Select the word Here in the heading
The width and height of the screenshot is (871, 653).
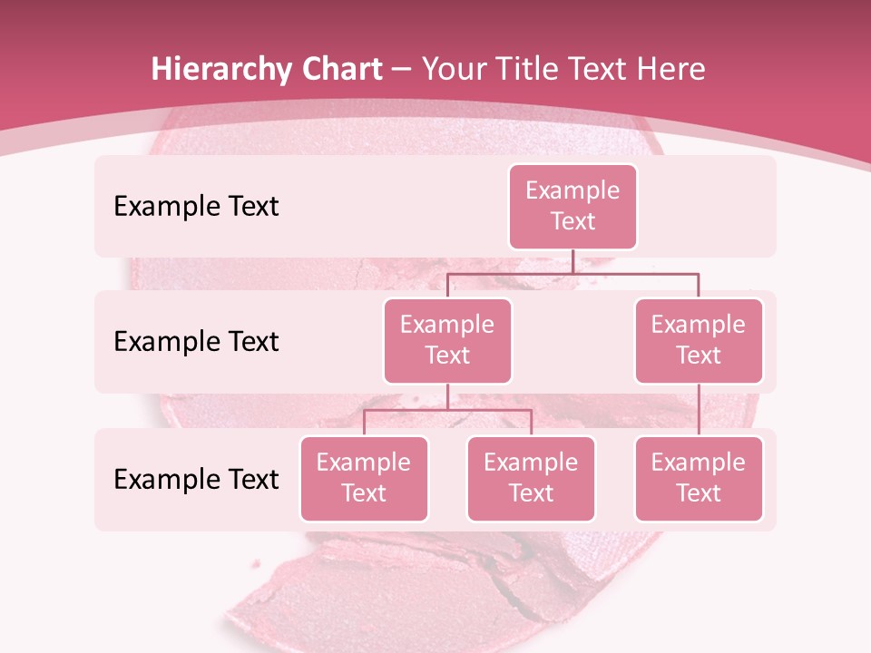672,70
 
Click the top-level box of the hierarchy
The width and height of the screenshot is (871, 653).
573,206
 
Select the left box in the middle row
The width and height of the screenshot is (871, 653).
447,340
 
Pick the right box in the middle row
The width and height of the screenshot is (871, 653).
699,340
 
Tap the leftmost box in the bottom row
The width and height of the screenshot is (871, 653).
364,478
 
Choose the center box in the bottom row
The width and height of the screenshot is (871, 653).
531,478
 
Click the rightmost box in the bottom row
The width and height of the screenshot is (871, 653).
699,478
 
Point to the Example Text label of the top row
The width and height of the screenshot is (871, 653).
196,206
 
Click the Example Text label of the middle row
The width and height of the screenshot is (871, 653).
196,341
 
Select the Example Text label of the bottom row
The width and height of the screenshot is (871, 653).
196,479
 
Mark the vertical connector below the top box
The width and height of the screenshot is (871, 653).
573,261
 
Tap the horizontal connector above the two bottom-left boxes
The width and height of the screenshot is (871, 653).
447,410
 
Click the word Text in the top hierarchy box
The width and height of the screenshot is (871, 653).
573,221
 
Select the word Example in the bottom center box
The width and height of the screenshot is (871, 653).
531,463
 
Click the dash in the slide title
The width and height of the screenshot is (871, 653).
402,70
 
